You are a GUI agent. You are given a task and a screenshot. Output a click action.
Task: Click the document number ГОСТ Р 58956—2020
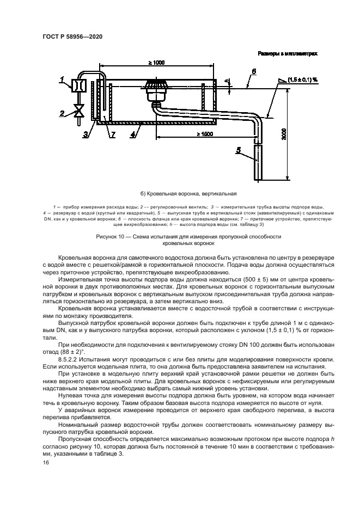pyautogui.click(x=72, y=36)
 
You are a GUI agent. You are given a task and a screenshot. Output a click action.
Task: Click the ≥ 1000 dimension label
pyautogui.click(x=156, y=63)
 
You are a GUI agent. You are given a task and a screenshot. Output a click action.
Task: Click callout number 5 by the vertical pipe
pyautogui.click(x=238, y=150)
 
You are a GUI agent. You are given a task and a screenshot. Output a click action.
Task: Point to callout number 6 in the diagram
pyautogui.click(x=254, y=71)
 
